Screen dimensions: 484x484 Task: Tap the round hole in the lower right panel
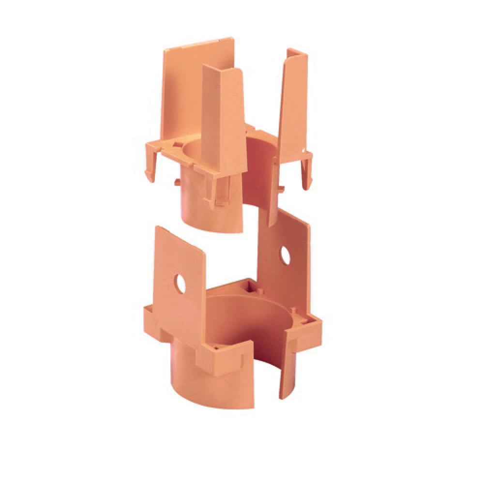coord(285,255)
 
